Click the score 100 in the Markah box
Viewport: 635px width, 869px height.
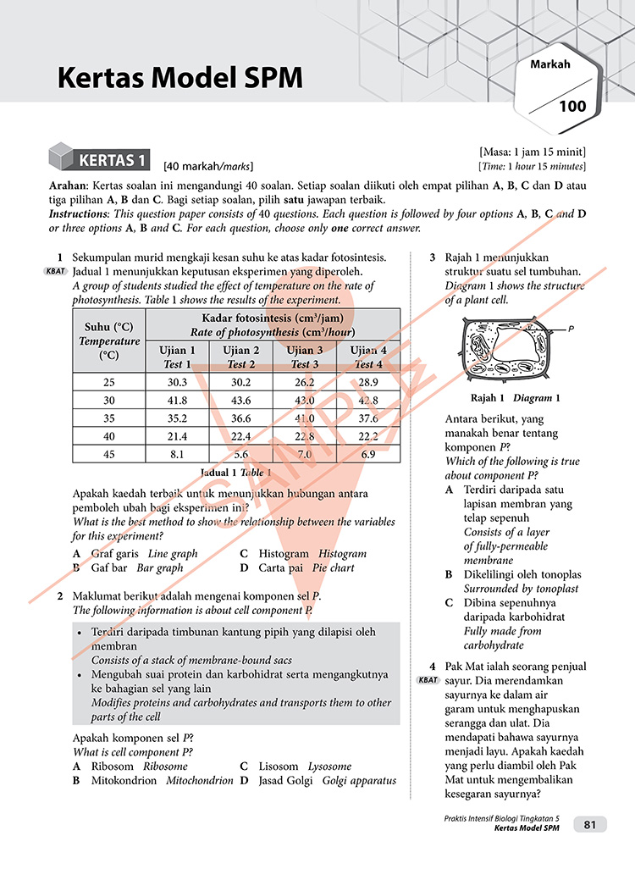pyautogui.click(x=572, y=106)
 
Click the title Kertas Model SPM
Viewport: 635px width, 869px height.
pyautogui.click(x=179, y=79)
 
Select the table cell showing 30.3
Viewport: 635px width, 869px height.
pyautogui.click(x=178, y=382)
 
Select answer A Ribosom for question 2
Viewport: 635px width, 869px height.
pyautogui.click(x=130, y=766)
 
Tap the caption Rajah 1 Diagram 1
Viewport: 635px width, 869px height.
pyautogui.click(x=515, y=397)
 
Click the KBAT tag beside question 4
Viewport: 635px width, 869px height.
pyautogui.click(x=428, y=680)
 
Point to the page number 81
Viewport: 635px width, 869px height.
pyautogui.click(x=589, y=824)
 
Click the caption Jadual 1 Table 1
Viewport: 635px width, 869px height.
pyautogui.click(x=235, y=472)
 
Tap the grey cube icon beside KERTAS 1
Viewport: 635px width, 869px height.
pyautogui.click(x=61, y=158)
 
